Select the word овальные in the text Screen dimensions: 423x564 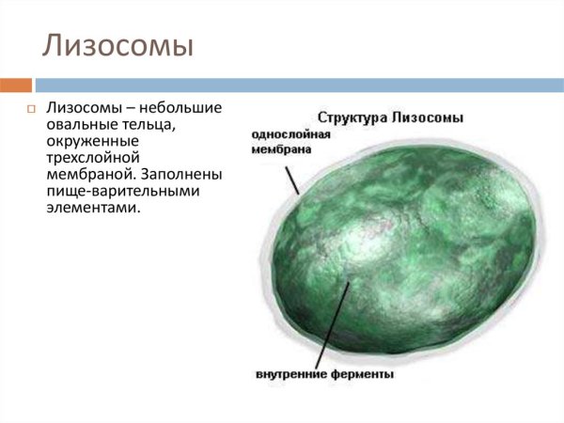point(80,127)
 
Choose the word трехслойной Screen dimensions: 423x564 point(92,159)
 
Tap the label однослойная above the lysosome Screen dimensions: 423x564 point(290,133)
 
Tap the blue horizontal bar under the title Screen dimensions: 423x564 point(301,85)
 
